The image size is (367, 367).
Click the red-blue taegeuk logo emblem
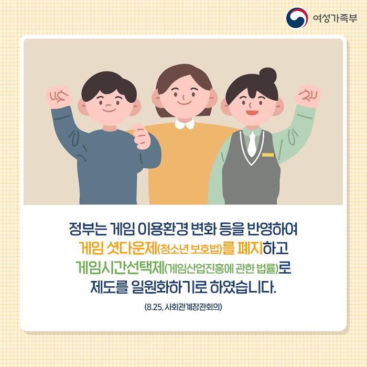297,18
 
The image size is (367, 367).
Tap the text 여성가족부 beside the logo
335,18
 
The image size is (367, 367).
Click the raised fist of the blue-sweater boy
59,96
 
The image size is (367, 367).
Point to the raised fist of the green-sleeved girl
307,95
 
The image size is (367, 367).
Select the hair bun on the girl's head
268,75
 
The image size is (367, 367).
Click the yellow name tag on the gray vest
268,155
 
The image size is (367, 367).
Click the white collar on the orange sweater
185,124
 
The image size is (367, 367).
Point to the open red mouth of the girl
252,113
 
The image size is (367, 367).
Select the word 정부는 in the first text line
88,229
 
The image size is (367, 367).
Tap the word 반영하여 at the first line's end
272,229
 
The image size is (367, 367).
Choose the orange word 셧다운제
131,248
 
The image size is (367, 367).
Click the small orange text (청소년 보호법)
190,249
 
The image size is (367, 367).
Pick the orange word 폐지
250,248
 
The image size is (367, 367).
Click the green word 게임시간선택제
120,267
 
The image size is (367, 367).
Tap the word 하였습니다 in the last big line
243,287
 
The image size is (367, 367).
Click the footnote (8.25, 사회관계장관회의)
183,307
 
